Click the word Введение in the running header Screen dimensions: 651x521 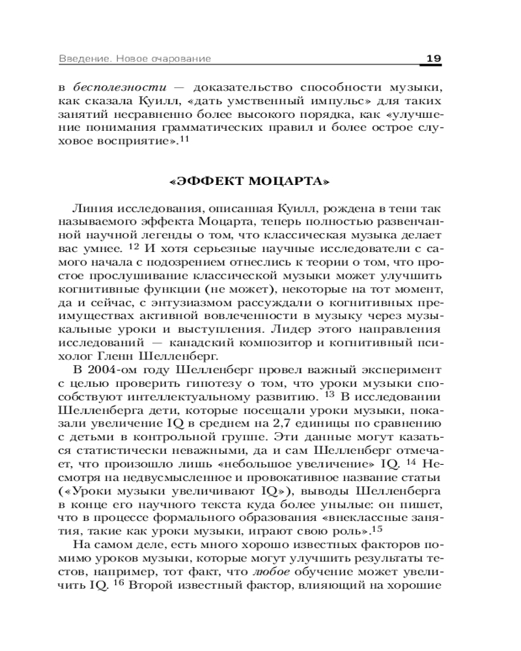click(x=77, y=59)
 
